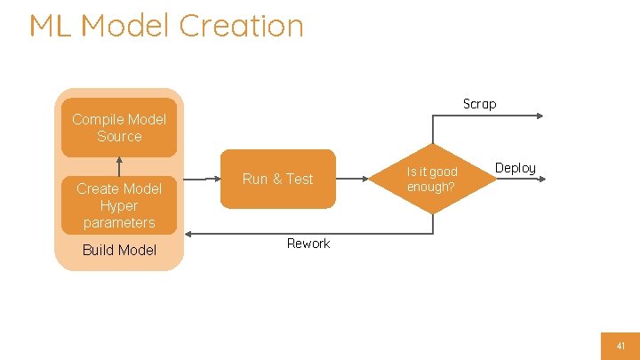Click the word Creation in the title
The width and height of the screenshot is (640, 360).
point(241,25)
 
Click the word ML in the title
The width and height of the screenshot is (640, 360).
point(51,25)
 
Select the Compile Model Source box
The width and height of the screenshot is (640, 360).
point(119,127)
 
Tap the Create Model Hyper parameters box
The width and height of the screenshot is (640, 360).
point(119,205)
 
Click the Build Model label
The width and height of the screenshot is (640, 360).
point(119,250)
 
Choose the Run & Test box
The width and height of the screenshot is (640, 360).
point(277,179)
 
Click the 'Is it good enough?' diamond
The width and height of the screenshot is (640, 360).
point(432,179)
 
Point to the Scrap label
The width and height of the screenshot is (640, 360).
point(479,104)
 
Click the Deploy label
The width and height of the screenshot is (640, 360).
point(516,168)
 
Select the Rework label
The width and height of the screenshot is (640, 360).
point(308,244)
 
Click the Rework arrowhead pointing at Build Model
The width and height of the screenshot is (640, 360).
point(188,234)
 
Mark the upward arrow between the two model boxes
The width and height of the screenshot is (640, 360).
point(119,166)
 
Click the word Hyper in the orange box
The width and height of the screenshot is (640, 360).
point(119,205)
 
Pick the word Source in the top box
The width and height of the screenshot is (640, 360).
point(119,136)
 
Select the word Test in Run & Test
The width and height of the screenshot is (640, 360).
point(299,179)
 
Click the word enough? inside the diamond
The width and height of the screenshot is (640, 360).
point(431,187)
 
